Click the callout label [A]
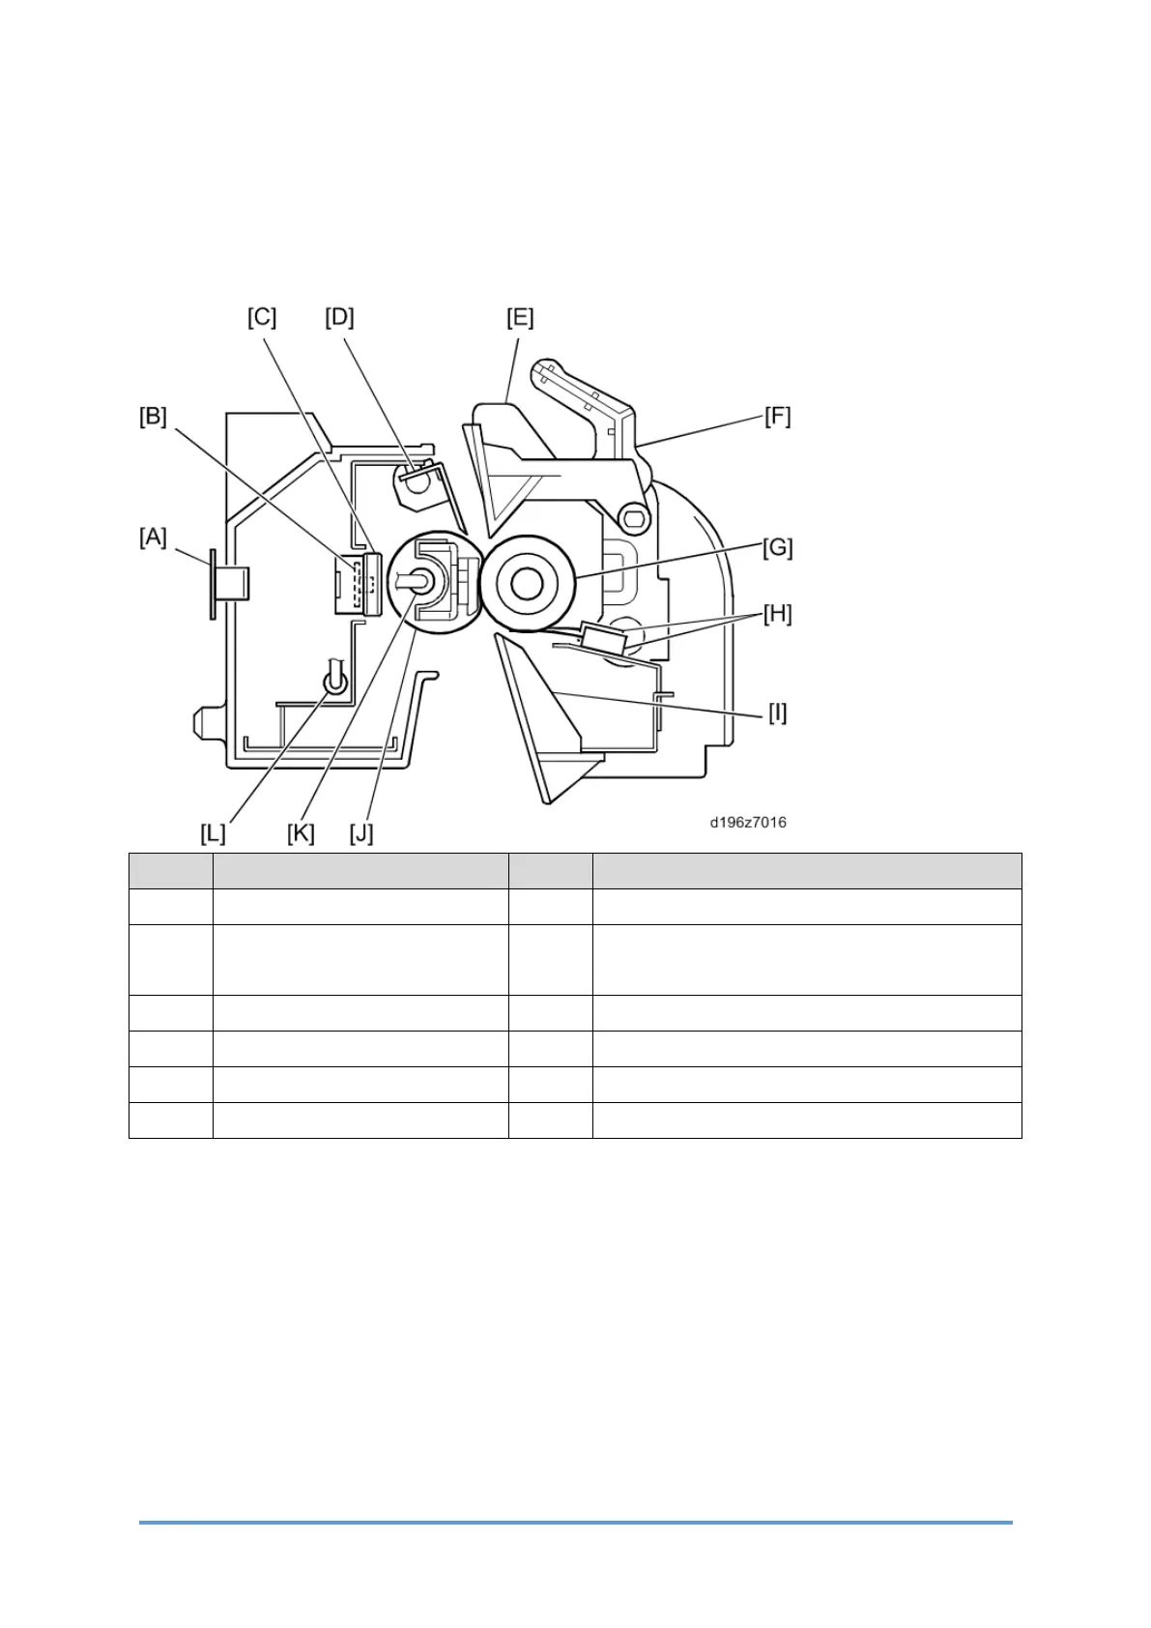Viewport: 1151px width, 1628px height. pos(153,538)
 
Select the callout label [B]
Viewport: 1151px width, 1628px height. pos(153,418)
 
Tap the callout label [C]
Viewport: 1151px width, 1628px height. pos(262,318)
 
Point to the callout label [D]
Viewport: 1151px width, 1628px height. pos(339,318)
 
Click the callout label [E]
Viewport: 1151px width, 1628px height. pos(520,318)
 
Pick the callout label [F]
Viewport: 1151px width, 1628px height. pos(777,418)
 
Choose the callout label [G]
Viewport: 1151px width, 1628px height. pos(777,548)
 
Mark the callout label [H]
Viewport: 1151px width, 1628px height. pos(777,614)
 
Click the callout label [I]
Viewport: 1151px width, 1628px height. pos(777,713)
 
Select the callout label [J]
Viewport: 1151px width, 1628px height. pos(361,833)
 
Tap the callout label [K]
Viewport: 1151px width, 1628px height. pos(301,833)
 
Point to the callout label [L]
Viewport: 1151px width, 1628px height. pos(213,833)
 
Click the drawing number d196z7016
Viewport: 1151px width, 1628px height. pos(748,823)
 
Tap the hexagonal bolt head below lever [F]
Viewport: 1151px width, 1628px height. pos(633,519)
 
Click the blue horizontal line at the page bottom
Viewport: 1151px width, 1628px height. pos(575,1523)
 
